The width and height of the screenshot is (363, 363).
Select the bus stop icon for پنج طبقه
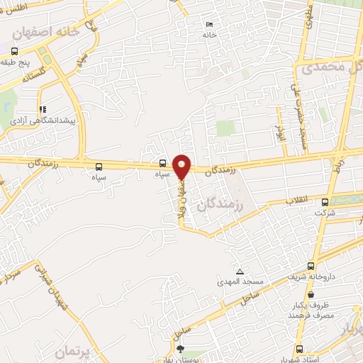[15, 51]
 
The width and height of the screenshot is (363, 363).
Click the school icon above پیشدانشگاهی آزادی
[43, 110]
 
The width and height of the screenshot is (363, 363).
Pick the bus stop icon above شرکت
[326, 201]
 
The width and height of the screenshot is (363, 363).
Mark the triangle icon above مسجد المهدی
[240, 271]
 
